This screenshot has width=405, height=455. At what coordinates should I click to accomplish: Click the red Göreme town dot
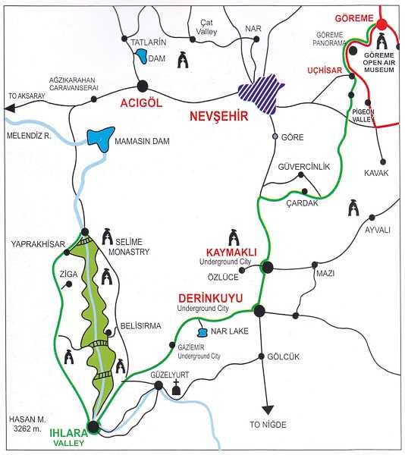pyautogui.click(x=381, y=24)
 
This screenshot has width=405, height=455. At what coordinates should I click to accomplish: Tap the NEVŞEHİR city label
pyautogui.click(x=219, y=116)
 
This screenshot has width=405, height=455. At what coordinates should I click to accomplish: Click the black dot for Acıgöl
pyautogui.click(x=143, y=86)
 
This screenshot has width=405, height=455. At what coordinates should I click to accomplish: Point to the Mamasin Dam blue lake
pyautogui.click(x=101, y=139)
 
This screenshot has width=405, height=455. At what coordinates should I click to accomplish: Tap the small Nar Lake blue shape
pyautogui.click(x=202, y=332)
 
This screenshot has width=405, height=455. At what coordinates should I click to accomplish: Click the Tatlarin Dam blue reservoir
pyautogui.click(x=141, y=56)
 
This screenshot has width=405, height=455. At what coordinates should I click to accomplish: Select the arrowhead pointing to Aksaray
pyautogui.click(x=9, y=108)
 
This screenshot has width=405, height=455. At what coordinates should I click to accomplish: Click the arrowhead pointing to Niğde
pyautogui.click(x=268, y=410)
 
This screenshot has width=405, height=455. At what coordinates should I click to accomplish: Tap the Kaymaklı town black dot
pyautogui.click(x=268, y=267)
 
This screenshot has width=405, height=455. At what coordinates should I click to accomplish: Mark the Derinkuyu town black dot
pyautogui.click(x=259, y=311)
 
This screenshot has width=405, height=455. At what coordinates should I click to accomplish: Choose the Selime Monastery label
pyautogui.click(x=129, y=246)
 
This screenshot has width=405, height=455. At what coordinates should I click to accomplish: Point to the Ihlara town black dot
pyautogui.click(x=93, y=426)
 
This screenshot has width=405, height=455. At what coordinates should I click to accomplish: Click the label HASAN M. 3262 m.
pyautogui.click(x=27, y=424)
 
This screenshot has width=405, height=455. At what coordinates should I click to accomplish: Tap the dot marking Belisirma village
pyautogui.click(x=108, y=332)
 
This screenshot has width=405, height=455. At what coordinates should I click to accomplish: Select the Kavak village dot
pyautogui.click(x=383, y=162)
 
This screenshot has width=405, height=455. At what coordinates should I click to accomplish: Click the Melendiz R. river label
pyautogui.click(x=29, y=136)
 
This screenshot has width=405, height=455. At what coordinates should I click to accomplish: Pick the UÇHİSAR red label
pyautogui.click(x=325, y=71)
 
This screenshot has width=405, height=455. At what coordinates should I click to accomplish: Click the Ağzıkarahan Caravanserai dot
pyautogui.click(x=94, y=99)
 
